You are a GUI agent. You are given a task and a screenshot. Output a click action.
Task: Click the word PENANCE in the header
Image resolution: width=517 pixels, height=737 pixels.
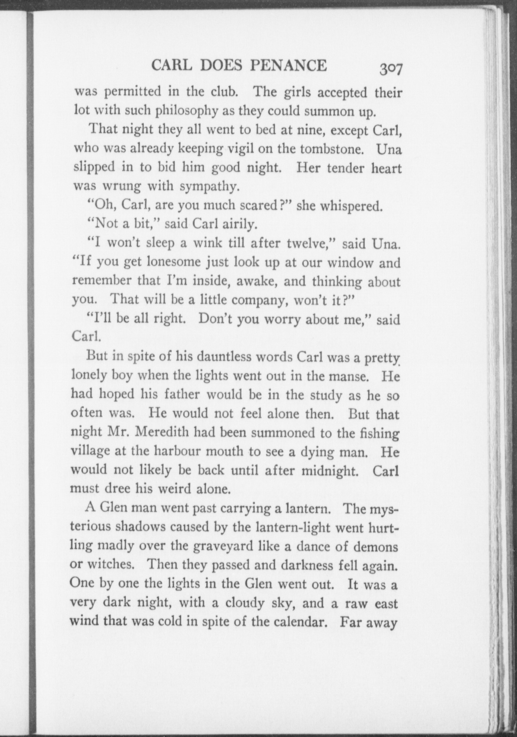coord(289,65)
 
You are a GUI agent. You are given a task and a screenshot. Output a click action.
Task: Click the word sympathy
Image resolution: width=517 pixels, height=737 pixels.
coord(208,186)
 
